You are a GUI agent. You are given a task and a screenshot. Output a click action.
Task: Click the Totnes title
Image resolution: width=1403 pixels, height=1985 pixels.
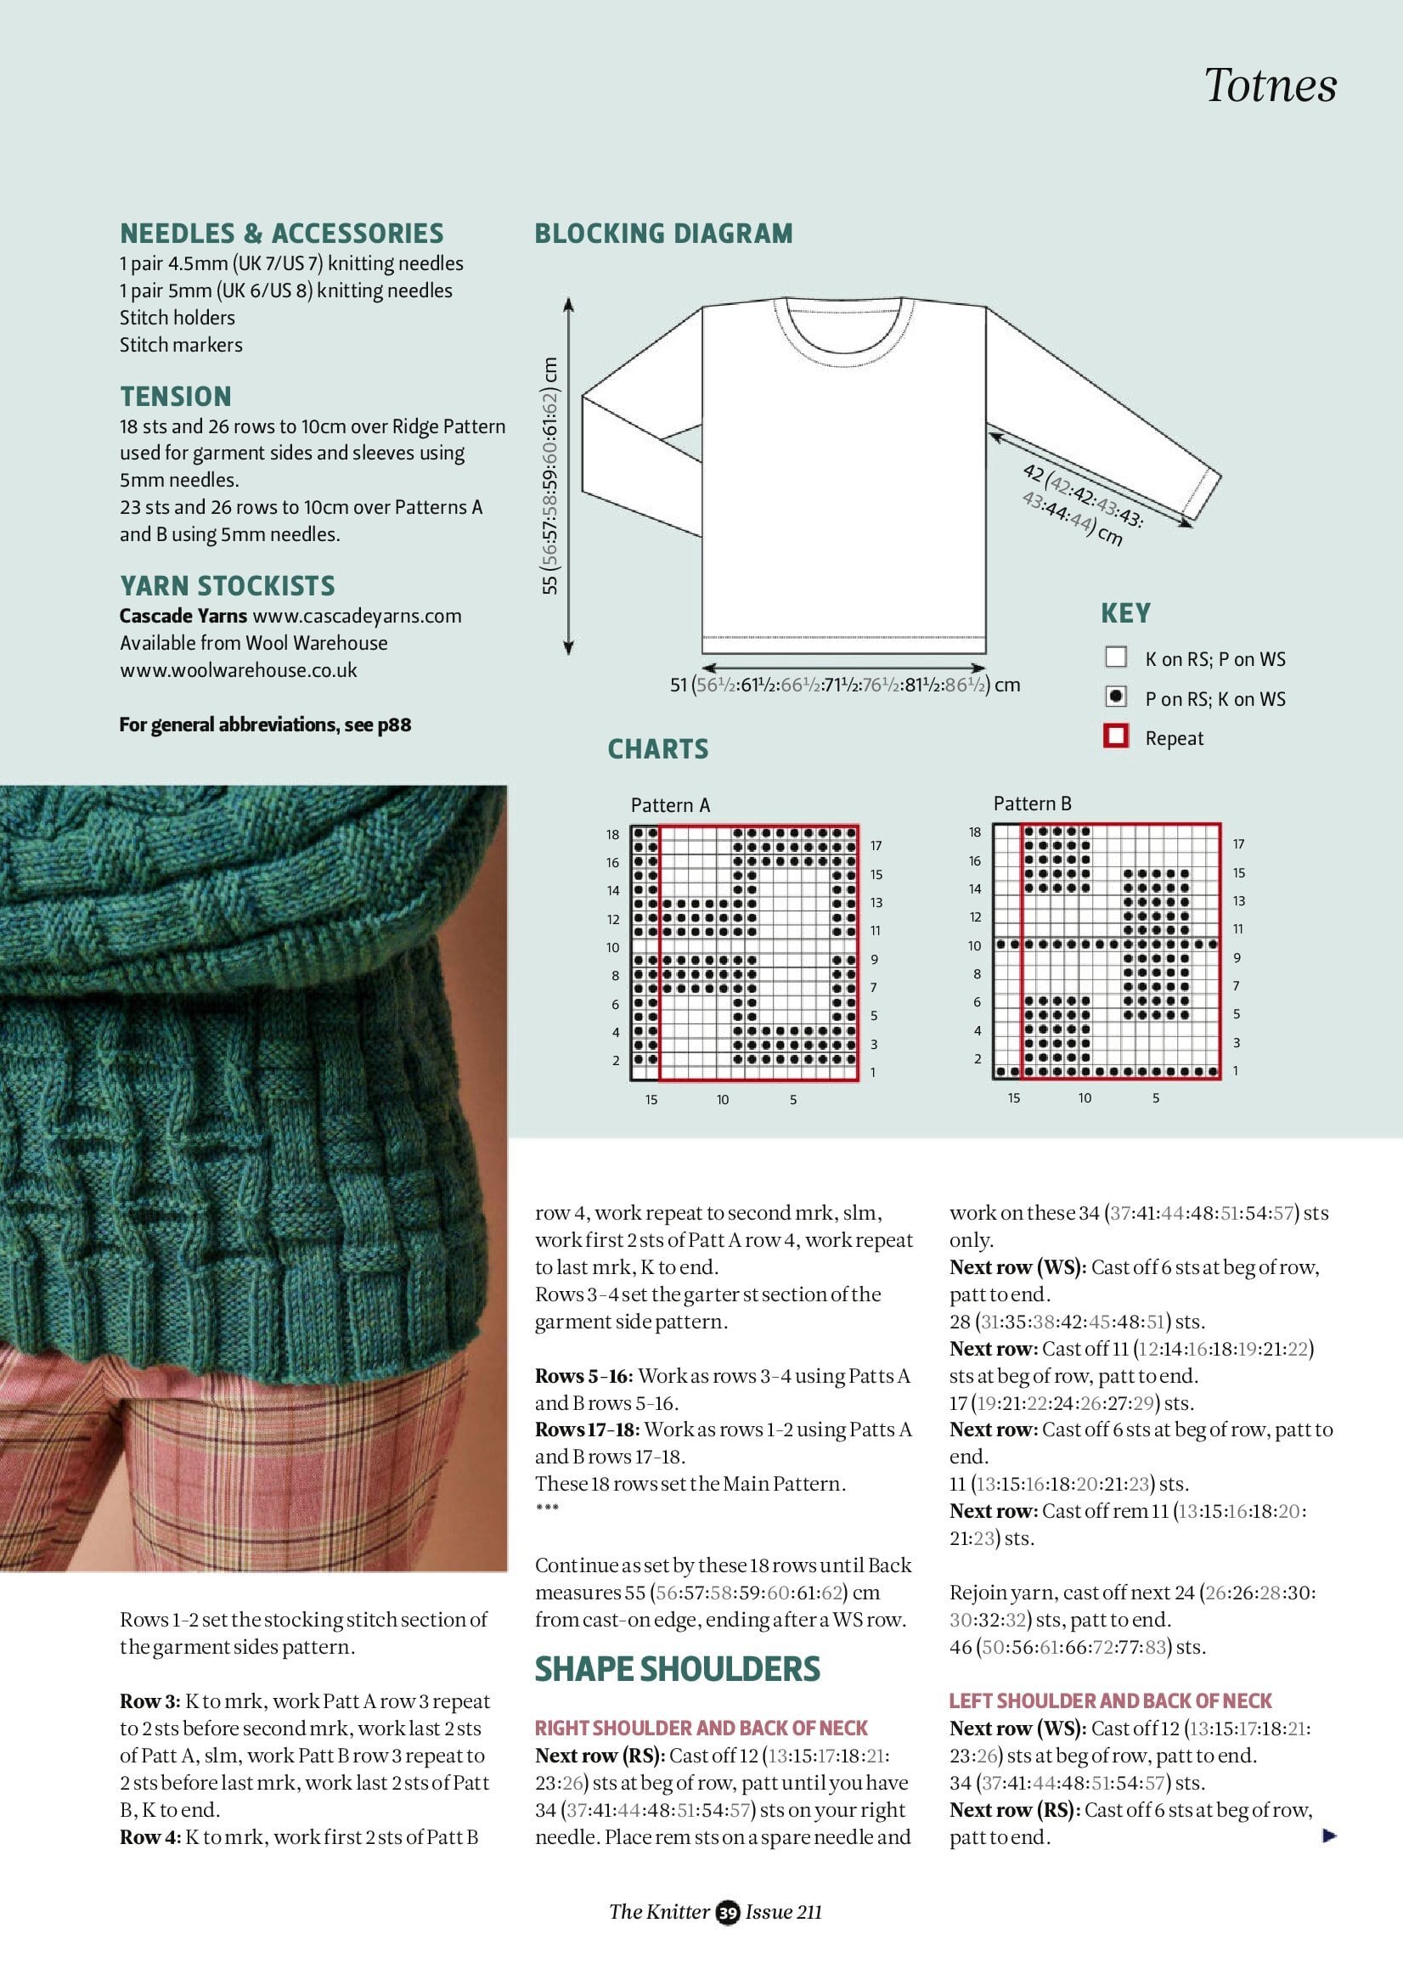point(1269,86)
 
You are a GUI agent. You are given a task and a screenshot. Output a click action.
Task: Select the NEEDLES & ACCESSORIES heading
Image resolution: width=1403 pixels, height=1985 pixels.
point(282,234)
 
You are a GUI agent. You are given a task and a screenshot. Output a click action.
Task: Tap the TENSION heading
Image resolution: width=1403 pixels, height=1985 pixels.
point(176,397)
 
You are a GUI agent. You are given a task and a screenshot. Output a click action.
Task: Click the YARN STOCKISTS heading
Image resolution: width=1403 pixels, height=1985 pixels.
point(228,586)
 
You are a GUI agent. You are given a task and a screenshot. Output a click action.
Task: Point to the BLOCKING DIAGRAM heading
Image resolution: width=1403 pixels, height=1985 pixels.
point(663,234)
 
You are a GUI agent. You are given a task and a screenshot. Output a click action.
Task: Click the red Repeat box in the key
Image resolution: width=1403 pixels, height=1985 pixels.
point(1116,736)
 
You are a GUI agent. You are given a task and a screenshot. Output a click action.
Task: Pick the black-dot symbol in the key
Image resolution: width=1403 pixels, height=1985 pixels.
point(1116,696)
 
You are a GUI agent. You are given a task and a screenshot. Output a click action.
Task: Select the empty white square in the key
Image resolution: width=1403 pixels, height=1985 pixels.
point(1116,657)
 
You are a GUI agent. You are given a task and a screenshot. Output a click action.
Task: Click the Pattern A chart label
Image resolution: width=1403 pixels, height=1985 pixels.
point(670,806)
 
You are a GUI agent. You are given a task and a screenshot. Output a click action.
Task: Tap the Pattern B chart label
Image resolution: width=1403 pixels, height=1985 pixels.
point(1032,804)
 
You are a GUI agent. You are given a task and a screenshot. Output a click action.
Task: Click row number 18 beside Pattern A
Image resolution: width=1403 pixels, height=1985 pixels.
point(612,834)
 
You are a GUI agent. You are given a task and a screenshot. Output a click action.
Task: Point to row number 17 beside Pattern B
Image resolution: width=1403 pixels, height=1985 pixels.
point(1239,843)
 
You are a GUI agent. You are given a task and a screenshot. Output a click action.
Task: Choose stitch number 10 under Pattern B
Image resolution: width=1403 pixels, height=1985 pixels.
point(1084,1098)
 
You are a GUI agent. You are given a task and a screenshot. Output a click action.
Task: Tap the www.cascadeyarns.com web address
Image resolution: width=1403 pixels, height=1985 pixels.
point(357,617)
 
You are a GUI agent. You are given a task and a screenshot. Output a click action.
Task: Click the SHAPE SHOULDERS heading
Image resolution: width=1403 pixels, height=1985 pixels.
point(677,1669)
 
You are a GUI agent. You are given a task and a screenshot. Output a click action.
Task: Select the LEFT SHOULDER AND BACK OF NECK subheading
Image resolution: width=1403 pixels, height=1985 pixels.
point(1110,1701)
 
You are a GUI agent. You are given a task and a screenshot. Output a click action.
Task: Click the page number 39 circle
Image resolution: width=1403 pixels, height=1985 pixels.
point(728,1913)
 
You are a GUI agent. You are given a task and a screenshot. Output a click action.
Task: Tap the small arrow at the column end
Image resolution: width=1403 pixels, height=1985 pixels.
point(1329,1836)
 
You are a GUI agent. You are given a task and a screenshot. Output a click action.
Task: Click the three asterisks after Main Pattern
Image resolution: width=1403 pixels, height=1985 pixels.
point(547,1508)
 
